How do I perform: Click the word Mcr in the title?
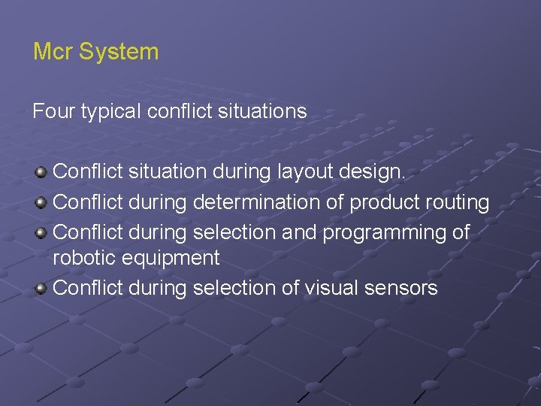(x=53, y=52)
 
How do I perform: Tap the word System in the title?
(x=119, y=52)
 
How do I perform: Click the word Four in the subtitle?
(x=50, y=111)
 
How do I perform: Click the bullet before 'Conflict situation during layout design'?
(x=41, y=172)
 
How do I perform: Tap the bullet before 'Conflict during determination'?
(x=41, y=202)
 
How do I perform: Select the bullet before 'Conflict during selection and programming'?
(x=41, y=232)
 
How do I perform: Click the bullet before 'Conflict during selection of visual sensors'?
(x=41, y=287)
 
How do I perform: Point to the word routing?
(x=458, y=203)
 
